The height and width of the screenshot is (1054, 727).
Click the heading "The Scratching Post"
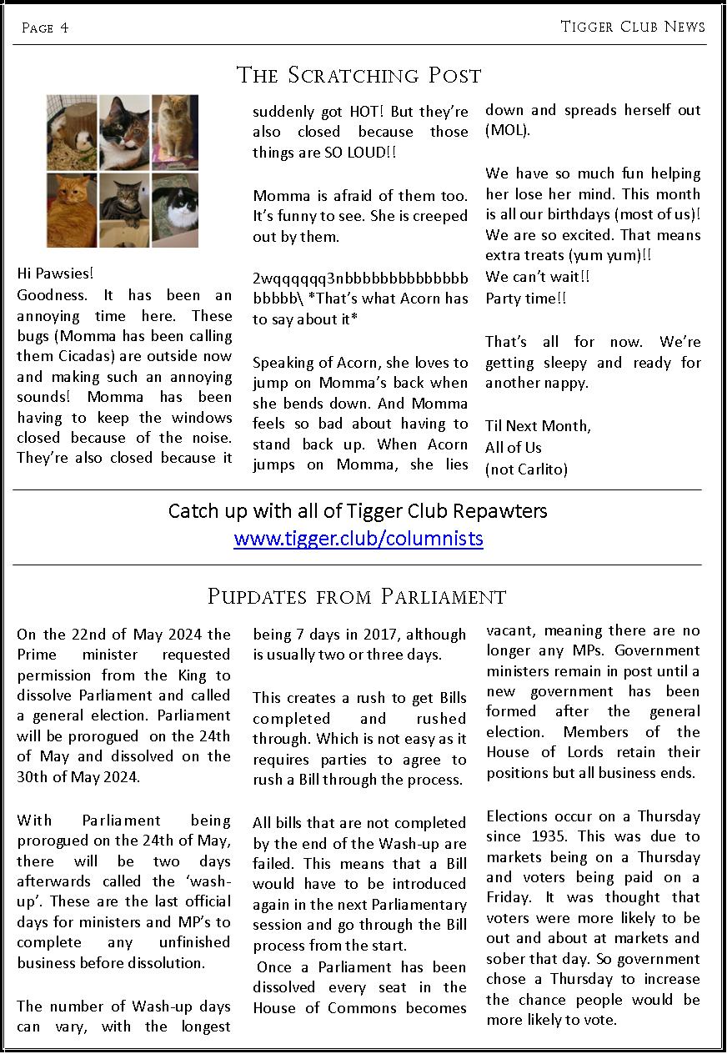[359, 75]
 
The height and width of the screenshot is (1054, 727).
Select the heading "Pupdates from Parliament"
[357, 596]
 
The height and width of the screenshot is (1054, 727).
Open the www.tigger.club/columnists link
[358, 538]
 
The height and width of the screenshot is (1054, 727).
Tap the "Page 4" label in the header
[45, 28]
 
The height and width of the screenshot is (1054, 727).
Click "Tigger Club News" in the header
[633, 27]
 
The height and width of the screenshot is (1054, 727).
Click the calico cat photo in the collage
[124, 132]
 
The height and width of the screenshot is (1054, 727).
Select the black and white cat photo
[174, 209]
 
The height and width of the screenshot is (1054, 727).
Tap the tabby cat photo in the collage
[124, 209]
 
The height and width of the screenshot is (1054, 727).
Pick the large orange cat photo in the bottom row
[72, 209]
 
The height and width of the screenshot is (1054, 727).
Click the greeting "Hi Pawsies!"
[55, 274]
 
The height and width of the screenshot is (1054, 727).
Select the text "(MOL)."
[508, 131]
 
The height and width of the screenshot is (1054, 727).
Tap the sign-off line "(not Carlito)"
[526, 469]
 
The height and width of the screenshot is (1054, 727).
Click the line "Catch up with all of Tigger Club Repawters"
[358, 510]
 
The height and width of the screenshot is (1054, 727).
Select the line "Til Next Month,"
[538, 426]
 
